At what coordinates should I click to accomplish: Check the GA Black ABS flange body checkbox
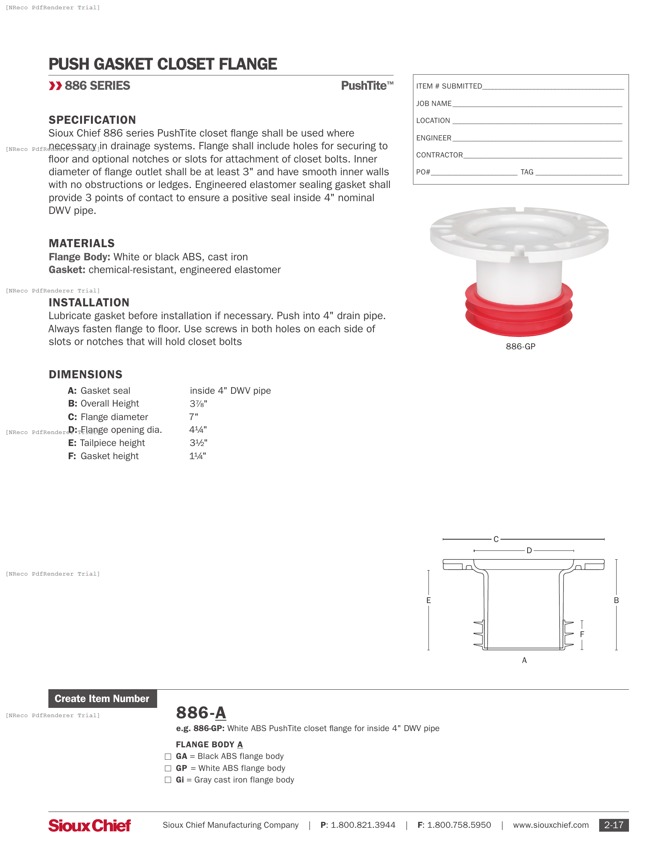(x=168, y=757)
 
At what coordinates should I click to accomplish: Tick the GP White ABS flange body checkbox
(x=168, y=768)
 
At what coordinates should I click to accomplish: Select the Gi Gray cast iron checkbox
(x=168, y=780)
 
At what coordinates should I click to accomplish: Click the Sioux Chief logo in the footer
(x=89, y=825)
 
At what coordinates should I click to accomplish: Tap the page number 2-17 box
(x=613, y=825)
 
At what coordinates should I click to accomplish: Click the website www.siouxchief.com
(x=550, y=825)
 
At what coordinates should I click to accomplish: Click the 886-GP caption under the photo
(x=520, y=347)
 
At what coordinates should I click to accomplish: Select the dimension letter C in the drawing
(x=496, y=539)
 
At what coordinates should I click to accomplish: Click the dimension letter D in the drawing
(x=529, y=550)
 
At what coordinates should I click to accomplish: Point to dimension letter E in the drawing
(x=428, y=600)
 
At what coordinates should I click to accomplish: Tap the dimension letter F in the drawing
(x=582, y=634)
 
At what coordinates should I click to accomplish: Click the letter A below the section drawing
(x=524, y=660)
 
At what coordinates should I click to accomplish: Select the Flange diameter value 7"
(x=194, y=417)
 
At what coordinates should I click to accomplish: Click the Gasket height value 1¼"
(x=198, y=456)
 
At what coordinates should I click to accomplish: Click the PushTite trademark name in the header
(x=367, y=86)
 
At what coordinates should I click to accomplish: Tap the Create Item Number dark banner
(x=103, y=699)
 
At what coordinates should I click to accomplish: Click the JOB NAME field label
(x=434, y=104)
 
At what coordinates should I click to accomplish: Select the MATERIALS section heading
(x=81, y=243)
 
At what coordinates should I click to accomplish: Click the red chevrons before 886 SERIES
(x=55, y=86)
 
